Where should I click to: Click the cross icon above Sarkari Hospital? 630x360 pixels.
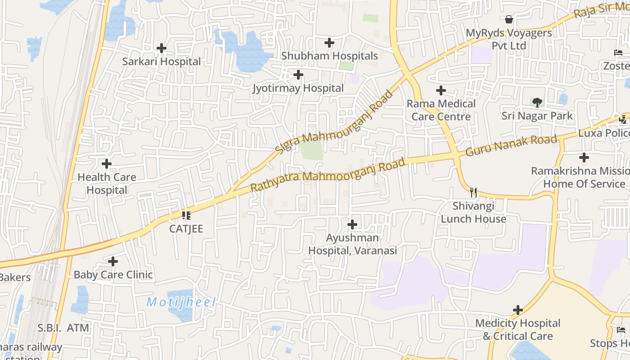tap(162, 48)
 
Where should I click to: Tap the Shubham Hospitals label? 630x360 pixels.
tap(329, 56)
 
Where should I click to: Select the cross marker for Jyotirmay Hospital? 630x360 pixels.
tap(298, 75)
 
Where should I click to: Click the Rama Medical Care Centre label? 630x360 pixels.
tap(441, 110)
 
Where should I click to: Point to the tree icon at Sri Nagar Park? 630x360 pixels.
tap(537, 102)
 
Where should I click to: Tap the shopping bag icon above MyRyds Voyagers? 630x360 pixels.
tap(509, 19)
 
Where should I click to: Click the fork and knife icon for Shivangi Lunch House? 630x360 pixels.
tap(473, 193)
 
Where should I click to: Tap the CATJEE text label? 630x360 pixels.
tap(186, 229)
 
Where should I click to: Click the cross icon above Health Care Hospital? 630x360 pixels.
tap(107, 163)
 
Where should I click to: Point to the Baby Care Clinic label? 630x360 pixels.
tap(113, 274)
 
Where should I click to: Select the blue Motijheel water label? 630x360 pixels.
tap(181, 302)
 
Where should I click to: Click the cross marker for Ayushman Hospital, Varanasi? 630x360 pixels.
tap(352, 224)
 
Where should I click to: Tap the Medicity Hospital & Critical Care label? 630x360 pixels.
tap(517, 329)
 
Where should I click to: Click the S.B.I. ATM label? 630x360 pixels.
tap(63, 328)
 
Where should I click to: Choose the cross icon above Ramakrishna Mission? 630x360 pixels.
tap(584, 157)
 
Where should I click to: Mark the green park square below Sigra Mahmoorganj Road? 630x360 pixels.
tap(311, 150)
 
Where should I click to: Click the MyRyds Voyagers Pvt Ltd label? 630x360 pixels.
tap(508, 39)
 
